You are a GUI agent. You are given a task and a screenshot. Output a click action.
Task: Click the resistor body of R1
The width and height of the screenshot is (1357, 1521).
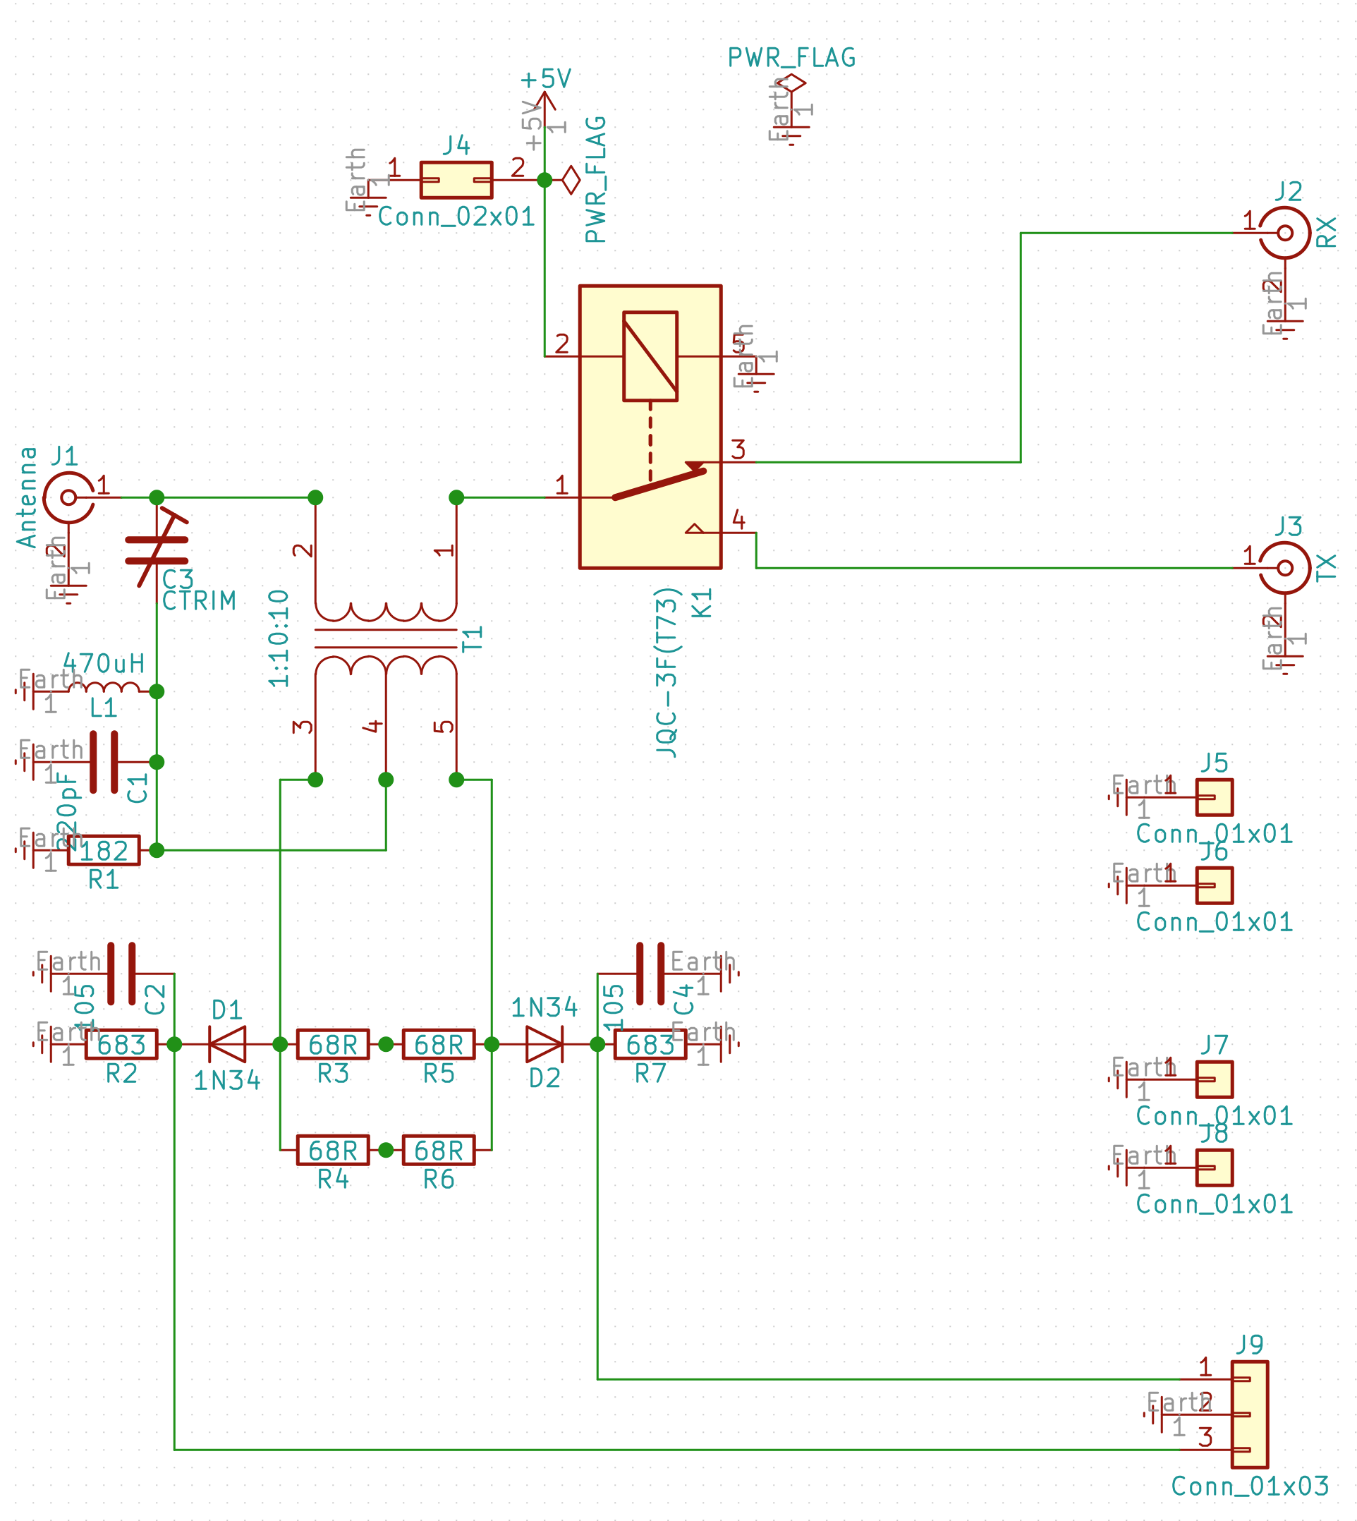coord(104,850)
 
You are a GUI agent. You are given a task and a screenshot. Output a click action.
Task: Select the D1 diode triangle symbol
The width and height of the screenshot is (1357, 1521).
coord(227,1044)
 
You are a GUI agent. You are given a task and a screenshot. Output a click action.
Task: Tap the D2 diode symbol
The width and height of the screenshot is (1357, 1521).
coord(544,1044)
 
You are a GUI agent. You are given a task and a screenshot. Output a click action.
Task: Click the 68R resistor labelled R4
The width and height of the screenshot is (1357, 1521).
coord(332,1151)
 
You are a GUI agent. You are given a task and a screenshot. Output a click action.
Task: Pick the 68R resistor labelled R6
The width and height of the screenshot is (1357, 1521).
coord(439,1151)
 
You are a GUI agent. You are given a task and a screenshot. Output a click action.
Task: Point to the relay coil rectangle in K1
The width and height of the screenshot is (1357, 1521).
coord(650,356)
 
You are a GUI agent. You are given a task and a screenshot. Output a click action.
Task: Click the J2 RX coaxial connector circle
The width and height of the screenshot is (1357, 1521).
coord(1284,234)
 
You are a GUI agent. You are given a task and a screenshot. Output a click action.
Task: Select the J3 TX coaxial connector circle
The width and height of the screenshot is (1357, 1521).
coord(1284,568)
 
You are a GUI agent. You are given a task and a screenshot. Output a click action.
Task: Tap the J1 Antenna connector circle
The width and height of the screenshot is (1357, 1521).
coord(68,497)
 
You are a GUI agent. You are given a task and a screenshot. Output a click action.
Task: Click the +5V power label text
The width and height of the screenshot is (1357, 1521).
coord(546,79)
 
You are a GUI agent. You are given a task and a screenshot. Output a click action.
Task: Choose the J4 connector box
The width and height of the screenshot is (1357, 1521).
coord(456,180)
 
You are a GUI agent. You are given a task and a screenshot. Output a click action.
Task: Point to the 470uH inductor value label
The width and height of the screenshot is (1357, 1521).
coord(104,663)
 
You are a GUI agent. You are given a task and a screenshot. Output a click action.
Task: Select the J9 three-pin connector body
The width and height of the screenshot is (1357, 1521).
coord(1250,1414)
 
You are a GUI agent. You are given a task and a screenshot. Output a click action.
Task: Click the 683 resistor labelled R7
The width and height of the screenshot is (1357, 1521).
coord(650,1044)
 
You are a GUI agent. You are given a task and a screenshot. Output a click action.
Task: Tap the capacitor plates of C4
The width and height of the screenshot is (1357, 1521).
coord(650,974)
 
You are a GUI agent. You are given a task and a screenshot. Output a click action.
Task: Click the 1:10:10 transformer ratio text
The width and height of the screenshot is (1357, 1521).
coord(279,638)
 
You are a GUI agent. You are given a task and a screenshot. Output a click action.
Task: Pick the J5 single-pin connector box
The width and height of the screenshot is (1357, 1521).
coord(1214,797)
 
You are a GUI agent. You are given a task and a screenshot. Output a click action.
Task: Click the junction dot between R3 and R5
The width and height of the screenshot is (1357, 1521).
coord(386,1045)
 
